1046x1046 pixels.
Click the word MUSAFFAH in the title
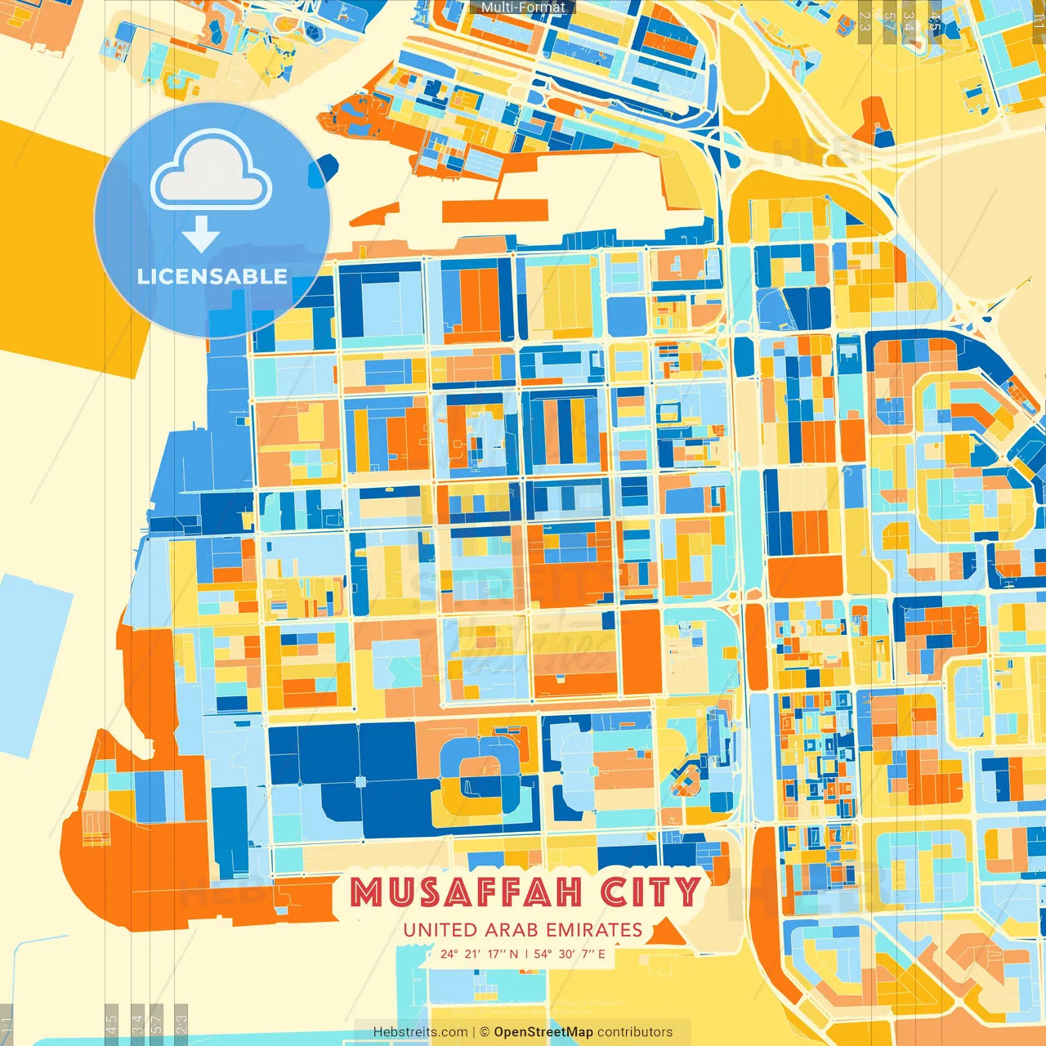coord(469,892)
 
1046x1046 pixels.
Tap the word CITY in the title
coord(650,892)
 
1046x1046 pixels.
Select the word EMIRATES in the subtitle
coord(594,930)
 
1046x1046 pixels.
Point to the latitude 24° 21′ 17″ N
coord(479,954)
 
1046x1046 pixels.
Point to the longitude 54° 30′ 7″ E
coord(570,954)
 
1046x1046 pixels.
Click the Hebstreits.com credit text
coord(420,1032)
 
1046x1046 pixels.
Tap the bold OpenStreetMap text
coord(543,1032)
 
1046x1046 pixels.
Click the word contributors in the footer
coord(635,1032)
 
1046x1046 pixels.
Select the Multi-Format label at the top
coord(523,7)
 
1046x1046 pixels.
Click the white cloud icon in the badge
coord(212,173)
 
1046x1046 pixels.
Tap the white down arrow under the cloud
coord(201,235)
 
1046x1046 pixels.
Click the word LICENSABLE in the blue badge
coord(212,276)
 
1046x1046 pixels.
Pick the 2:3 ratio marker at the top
coord(865,21)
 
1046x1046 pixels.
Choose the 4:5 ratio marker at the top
coord(935,21)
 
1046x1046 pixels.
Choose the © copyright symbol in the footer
coord(484,1032)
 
